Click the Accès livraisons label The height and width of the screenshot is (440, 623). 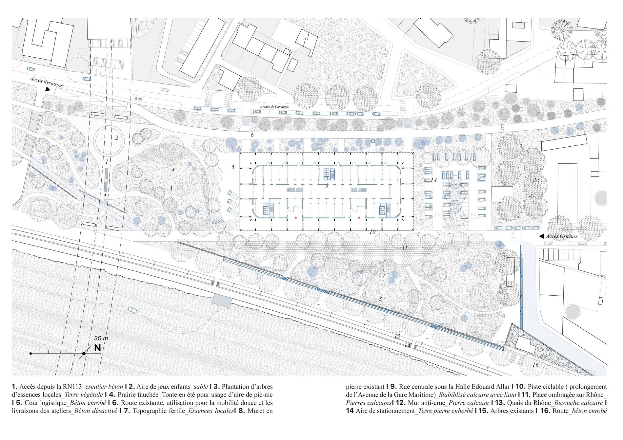[x=47, y=82]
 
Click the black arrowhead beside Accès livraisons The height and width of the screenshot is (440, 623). [x=48, y=89]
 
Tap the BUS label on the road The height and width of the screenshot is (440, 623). [x=139, y=99]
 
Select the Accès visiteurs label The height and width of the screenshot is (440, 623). [x=562, y=236]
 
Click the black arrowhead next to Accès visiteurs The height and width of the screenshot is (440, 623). [x=542, y=236]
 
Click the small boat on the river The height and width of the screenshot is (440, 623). [x=134, y=310]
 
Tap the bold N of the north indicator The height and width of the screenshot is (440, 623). [x=97, y=348]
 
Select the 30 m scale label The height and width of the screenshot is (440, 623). [x=101, y=338]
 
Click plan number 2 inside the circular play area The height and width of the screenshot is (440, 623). [x=116, y=138]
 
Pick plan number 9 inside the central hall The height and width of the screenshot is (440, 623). [x=327, y=186]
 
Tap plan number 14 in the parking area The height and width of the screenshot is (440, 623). [x=434, y=180]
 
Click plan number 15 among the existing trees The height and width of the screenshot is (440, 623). [x=536, y=180]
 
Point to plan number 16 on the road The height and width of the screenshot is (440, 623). [x=535, y=365]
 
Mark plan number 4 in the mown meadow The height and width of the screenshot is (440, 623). [x=173, y=170]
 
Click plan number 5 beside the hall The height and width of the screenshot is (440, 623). [x=233, y=167]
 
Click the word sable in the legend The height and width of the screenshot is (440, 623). [x=200, y=387]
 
